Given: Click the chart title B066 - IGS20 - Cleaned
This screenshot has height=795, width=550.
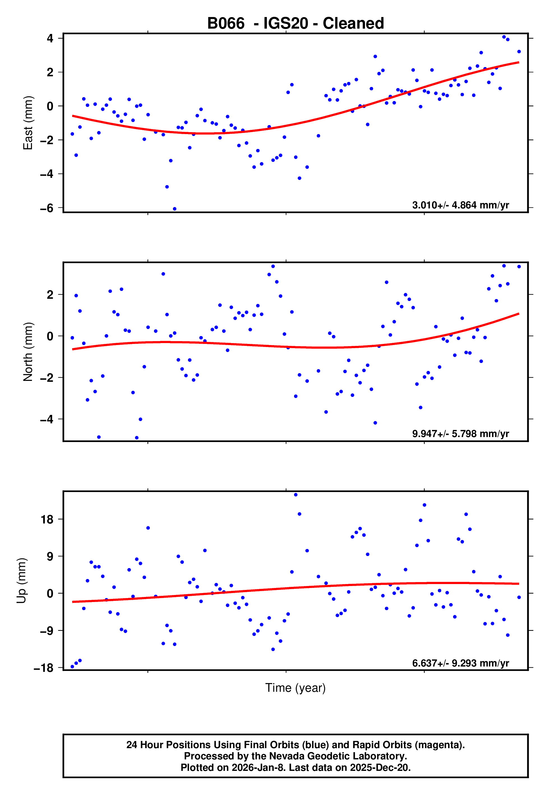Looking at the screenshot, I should point(295,24).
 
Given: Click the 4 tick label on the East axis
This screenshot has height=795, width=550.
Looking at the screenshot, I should point(50,38).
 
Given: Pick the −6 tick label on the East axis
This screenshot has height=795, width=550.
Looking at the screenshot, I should point(47,208).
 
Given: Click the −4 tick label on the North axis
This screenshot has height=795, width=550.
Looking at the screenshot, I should point(47,419).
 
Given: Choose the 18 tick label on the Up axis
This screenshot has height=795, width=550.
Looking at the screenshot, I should point(47,519).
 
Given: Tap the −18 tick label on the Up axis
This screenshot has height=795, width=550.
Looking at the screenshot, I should point(44,668).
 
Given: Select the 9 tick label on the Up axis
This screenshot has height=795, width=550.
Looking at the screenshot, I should point(50,557).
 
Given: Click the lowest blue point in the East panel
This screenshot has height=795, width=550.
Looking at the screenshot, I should point(175,209).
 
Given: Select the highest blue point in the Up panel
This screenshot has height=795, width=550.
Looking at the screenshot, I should point(296,495).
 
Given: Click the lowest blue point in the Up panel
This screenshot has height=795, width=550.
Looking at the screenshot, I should point(72,667).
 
